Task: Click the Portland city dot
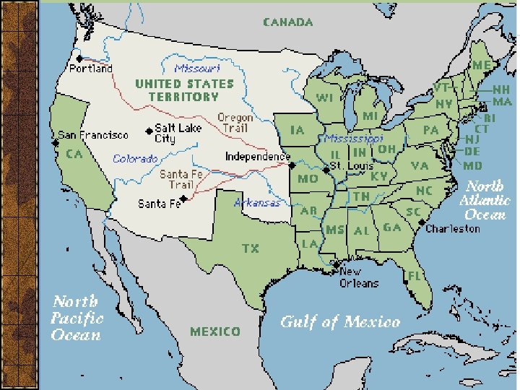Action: click(x=79, y=58)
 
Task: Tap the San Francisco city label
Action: click(x=93, y=135)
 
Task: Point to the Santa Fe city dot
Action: click(x=184, y=197)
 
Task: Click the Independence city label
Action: click(x=258, y=156)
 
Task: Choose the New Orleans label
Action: click(x=359, y=277)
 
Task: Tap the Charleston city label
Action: click(x=453, y=228)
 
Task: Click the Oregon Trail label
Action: click(x=235, y=123)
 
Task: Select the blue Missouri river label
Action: click(x=196, y=69)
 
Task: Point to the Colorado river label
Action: click(x=135, y=158)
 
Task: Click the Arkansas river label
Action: click(x=257, y=203)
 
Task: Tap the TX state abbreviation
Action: click(x=251, y=248)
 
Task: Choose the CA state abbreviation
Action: click(x=74, y=154)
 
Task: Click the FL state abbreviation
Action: click(x=415, y=276)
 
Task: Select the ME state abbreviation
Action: click(x=481, y=64)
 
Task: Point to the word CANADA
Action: click(x=287, y=22)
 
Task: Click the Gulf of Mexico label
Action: click(x=339, y=321)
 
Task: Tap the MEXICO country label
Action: click(x=214, y=331)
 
